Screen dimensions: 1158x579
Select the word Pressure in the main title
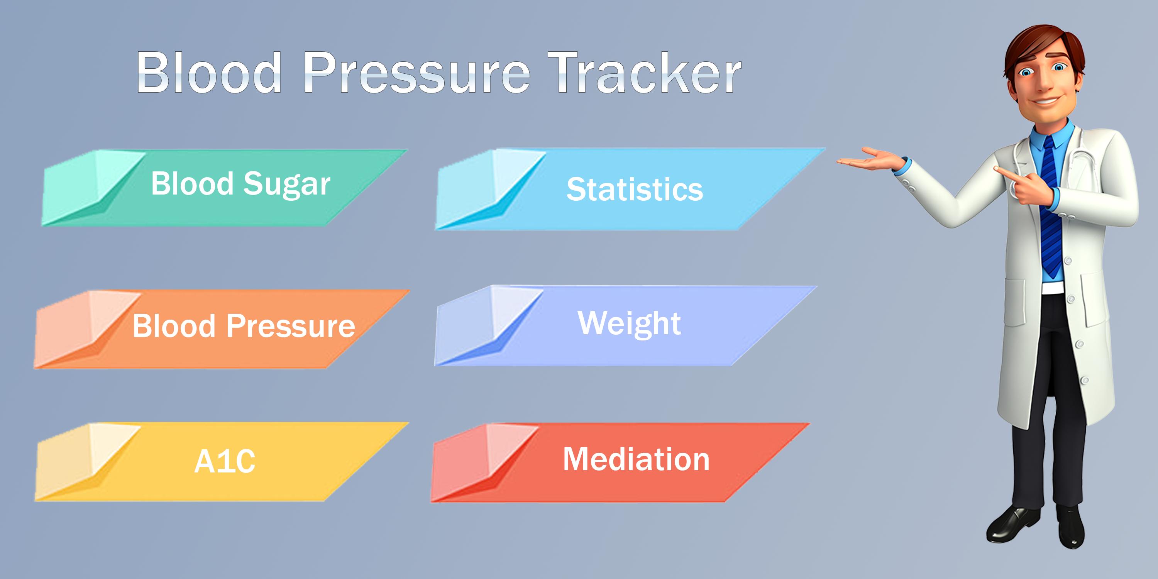[417, 73]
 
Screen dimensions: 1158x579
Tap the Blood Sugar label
[240, 184]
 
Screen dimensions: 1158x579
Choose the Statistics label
[635, 189]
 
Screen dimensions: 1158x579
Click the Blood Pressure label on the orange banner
[244, 326]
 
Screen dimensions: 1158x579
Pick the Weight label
[629, 324]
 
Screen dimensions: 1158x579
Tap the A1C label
[225, 461]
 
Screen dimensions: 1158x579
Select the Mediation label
[636, 459]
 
